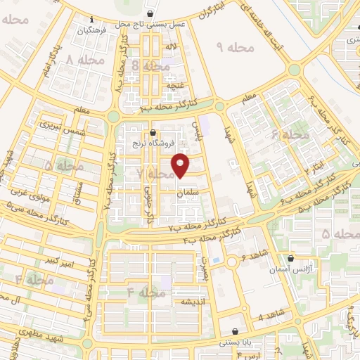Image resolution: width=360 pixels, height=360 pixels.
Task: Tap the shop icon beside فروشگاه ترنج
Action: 153,132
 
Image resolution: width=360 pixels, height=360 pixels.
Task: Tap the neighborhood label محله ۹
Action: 233,47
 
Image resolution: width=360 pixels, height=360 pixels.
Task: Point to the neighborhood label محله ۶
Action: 290,135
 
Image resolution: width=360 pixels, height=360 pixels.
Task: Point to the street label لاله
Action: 170,46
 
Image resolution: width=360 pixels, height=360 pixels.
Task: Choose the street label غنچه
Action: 174,85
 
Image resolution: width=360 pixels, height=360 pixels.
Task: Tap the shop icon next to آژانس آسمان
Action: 290,259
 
